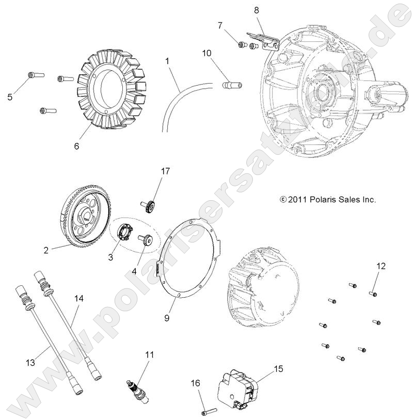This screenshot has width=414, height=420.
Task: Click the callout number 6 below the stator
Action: (76, 146)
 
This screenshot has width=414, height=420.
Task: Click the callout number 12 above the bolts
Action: (380, 266)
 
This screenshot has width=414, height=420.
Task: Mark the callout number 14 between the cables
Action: (78, 298)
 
